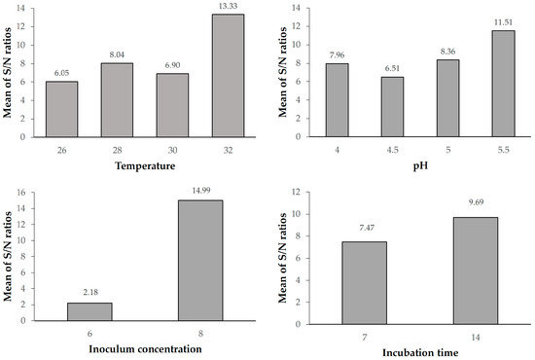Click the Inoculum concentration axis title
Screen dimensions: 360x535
[143, 347]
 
